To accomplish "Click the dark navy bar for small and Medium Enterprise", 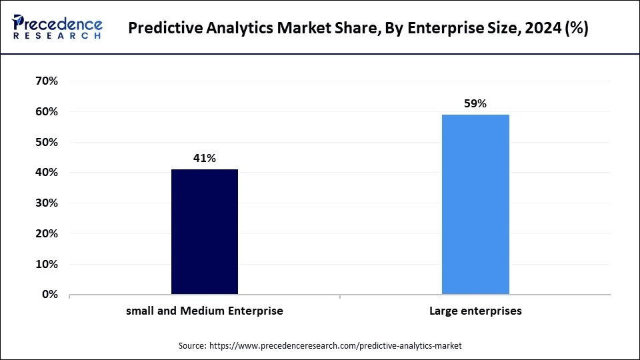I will [x=205, y=231].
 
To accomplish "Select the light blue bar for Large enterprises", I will [x=475, y=204].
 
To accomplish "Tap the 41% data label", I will [x=205, y=159].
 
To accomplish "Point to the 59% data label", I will [x=475, y=104].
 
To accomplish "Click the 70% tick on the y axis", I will [x=45, y=81].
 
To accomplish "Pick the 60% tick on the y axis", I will [x=45, y=112].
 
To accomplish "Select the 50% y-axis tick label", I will [x=45, y=143].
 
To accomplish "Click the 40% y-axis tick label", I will [x=45, y=173].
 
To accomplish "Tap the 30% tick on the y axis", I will [x=45, y=203].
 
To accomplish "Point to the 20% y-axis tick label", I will [x=45, y=234].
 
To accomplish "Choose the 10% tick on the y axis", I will [x=45, y=264].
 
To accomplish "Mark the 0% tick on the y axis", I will [x=49, y=295].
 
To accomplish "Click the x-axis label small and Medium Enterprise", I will [x=205, y=311].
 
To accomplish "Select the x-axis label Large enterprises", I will [x=475, y=311].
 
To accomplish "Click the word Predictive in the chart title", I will [x=164, y=29].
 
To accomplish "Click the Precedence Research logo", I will [x=57, y=27].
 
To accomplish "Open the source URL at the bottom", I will [x=335, y=346].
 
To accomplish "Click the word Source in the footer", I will [x=193, y=346].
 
